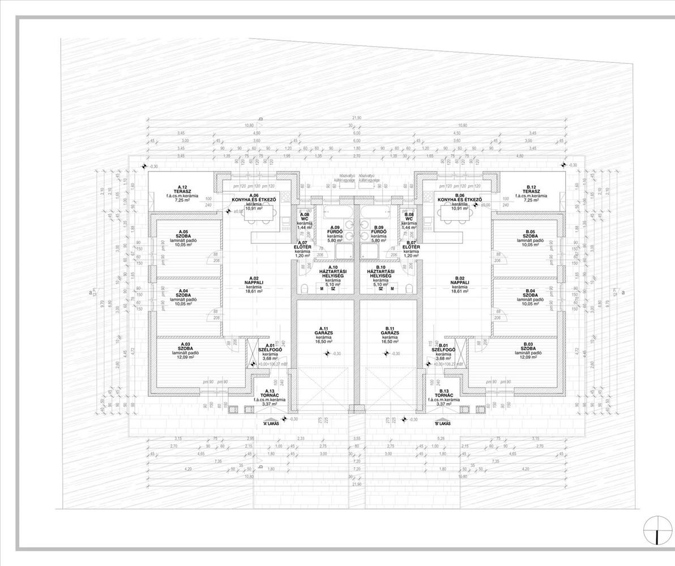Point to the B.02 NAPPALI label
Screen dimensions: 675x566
459,282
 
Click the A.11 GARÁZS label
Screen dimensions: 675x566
324,333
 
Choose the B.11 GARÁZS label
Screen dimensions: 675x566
389,333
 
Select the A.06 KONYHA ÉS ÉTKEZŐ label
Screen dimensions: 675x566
254,199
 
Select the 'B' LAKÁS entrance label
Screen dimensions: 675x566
442,423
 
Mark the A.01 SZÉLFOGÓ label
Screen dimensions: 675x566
270,349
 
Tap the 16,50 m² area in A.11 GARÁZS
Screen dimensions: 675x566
324,342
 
